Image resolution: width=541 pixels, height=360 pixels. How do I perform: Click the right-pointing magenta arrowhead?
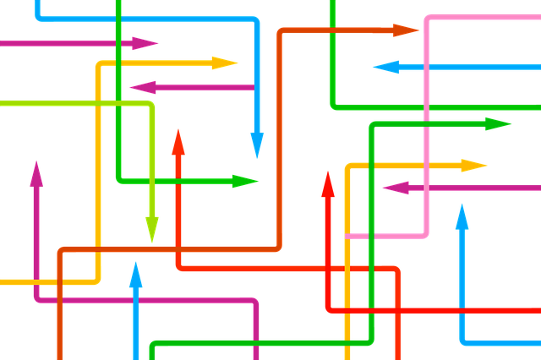[x=145, y=43]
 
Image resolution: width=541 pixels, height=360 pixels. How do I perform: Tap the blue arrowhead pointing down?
[x=257, y=145]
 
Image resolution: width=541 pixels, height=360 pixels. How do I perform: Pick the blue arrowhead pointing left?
[x=385, y=67]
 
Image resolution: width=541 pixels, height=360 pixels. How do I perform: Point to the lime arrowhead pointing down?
[x=152, y=228]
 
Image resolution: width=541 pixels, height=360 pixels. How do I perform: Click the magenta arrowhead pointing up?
[x=36, y=173]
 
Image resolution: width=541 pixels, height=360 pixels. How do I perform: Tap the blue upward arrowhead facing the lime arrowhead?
[x=136, y=275]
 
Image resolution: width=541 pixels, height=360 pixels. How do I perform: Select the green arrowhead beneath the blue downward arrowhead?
[x=245, y=181]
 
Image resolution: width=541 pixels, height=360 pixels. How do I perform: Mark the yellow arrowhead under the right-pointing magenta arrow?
[x=225, y=63]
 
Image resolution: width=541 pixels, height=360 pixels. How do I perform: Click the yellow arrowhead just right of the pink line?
[x=475, y=165]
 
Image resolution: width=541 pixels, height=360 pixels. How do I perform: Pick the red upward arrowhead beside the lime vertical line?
[x=178, y=142]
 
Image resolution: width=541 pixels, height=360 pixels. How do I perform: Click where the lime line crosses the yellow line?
[x=98, y=102]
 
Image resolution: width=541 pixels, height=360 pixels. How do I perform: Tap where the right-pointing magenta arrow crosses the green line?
[x=117, y=43]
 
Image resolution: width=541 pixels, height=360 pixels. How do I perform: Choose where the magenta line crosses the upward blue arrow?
[x=136, y=299]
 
